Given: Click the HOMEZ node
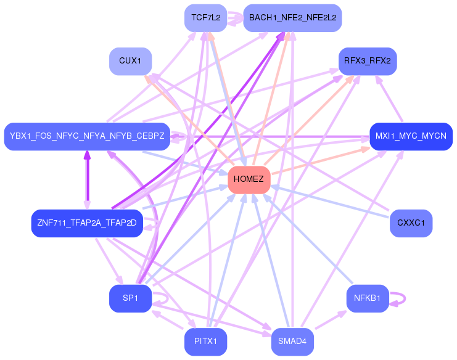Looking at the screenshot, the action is pyautogui.click(x=249, y=180).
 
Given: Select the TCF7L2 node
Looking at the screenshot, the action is pyautogui.click(x=206, y=18).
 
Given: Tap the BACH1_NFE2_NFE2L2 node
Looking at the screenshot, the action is pyautogui.click(x=292, y=18).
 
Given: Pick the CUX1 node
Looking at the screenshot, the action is pyautogui.click(x=130, y=61).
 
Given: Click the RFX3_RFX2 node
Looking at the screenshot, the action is pyautogui.click(x=368, y=61).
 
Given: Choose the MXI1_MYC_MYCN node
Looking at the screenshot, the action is pyautogui.click(x=411, y=136).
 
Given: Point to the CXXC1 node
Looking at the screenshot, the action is pyautogui.click(x=411, y=223).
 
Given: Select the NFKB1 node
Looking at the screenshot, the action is pyautogui.click(x=368, y=298).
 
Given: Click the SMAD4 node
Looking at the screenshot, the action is pyautogui.click(x=292, y=342).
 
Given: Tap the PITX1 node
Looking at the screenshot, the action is pyautogui.click(x=206, y=342).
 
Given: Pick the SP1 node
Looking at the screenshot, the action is pyautogui.click(x=130, y=298).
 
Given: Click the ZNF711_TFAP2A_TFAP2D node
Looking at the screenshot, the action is pyautogui.click(x=87, y=223).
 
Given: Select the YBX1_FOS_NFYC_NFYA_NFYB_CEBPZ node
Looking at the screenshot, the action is pyautogui.click(x=87, y=136).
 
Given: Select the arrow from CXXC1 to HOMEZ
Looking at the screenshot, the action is pyautogui.click(x=329, y=201).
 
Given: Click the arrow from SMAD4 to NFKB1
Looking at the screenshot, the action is pyautogui.click(x=331, y=320).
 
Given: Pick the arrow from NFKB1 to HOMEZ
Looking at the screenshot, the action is pyautogui.click(x=308, y=239).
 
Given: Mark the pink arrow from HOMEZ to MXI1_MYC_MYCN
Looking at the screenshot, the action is pyautogui.click(x=321, y=161).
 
